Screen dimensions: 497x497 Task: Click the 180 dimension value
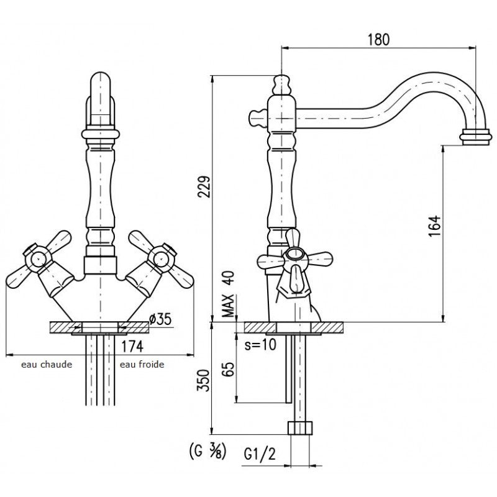tap(378, 39)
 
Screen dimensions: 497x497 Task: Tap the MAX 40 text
tap(229, 294)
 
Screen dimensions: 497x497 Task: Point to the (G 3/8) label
tap(206, 449)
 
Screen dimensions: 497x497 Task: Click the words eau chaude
tap(47, 365)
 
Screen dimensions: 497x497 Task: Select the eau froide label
tap(142, 365)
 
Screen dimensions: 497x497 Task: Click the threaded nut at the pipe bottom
tap(300, 429)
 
